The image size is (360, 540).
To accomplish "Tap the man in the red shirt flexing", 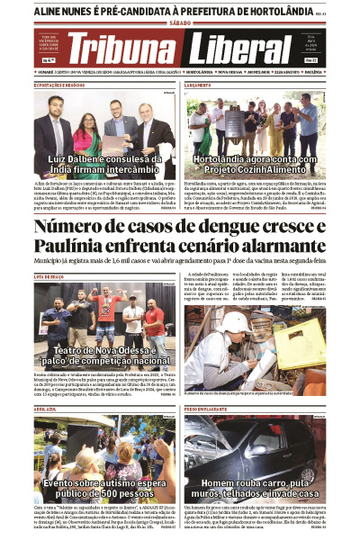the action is coord(107,306).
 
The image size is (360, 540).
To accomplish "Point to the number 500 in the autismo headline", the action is coord(108,493).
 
